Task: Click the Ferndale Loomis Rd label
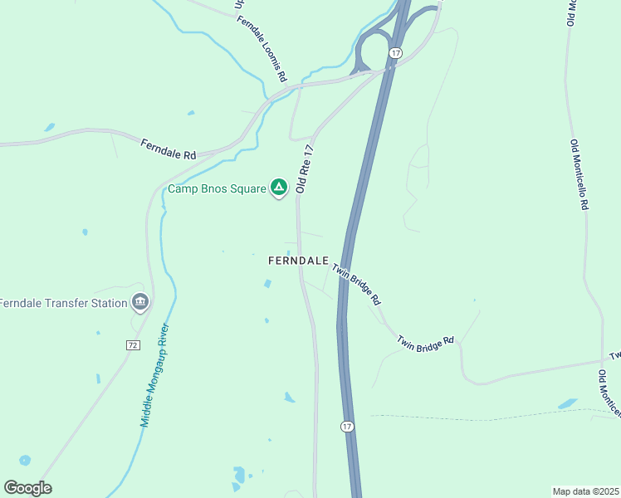262,50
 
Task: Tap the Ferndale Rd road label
168,149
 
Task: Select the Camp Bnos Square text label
218,188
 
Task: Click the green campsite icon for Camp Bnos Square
280,188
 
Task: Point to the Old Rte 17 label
305,169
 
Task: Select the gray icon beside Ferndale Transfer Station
139,302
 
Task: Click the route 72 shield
132,344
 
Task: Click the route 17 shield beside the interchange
395,53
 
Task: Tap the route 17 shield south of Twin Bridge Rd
346,426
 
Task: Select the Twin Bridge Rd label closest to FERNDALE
356,283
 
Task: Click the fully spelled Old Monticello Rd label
579,174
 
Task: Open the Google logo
27,488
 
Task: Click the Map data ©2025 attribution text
585,491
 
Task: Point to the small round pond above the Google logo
25,460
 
